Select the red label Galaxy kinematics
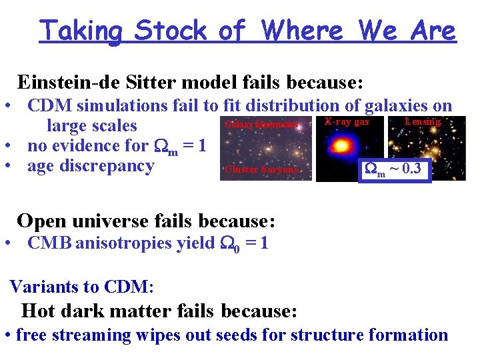click(261, 124)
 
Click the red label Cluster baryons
click(261, 169)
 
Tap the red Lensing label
click(423, 122)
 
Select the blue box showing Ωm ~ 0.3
click(393, 169)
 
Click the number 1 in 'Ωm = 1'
click(202, 145)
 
